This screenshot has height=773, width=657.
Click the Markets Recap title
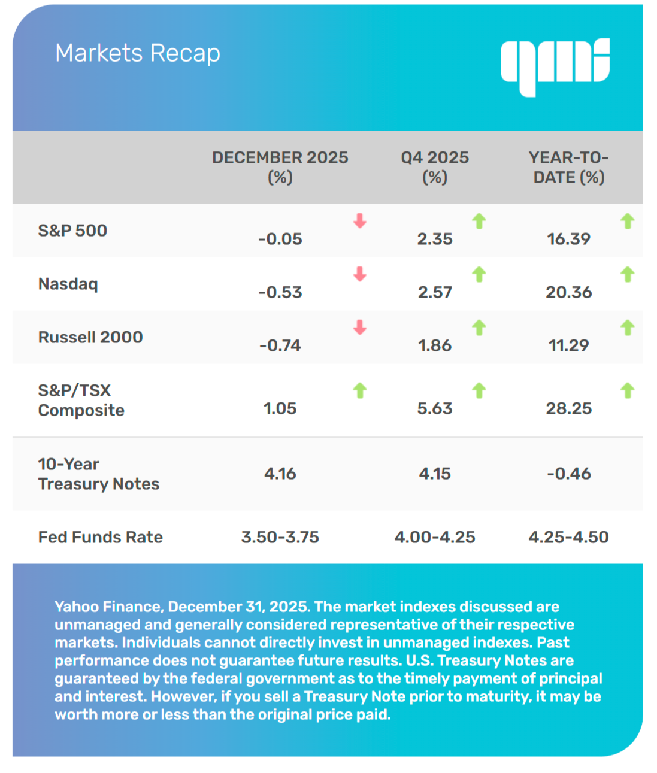[137, 53]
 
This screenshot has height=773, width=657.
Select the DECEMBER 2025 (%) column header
[280, 167]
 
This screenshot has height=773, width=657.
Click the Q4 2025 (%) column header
[434, 167]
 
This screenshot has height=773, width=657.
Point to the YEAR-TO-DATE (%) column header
[568, 167]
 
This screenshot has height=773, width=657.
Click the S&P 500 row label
[72, 231]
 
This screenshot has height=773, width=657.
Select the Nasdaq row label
[68, 284]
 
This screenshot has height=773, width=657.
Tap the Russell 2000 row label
[90, 337]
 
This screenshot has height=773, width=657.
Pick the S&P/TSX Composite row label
[81, 400]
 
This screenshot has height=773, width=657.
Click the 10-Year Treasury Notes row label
[98, 474]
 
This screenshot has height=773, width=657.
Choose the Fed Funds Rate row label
[100, 537]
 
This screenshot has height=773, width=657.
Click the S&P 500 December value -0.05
[280, 239]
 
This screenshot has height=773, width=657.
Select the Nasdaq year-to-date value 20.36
[568, 292]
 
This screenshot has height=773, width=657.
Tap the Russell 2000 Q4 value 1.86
[434, 345]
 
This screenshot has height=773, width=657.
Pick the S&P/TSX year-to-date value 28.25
[568, 408]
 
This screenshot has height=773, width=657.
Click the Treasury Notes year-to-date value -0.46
[568, 474]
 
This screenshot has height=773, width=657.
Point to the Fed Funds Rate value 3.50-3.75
[280, 537]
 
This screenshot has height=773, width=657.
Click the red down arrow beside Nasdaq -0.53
[359, 274]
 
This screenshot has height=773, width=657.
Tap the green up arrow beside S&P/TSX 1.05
[359, 390]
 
